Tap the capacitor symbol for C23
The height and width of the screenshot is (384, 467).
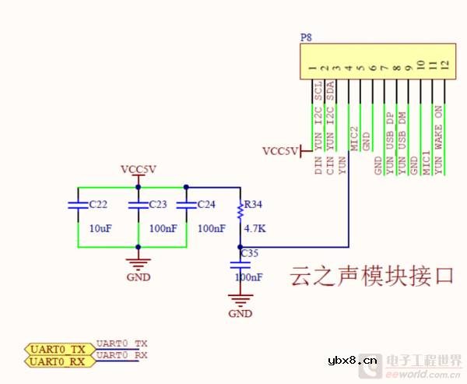coord(138,206)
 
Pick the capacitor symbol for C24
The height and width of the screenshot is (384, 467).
coord(186,206)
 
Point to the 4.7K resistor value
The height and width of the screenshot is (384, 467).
coord(255,230)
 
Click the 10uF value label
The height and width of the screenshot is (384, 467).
coord(101,229)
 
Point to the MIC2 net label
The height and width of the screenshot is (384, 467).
coord(355,139)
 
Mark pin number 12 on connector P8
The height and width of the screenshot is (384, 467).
coord(444,65)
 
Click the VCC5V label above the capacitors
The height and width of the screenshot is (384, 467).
coord(139,169)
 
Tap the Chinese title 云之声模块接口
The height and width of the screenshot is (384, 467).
coord(372,276)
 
